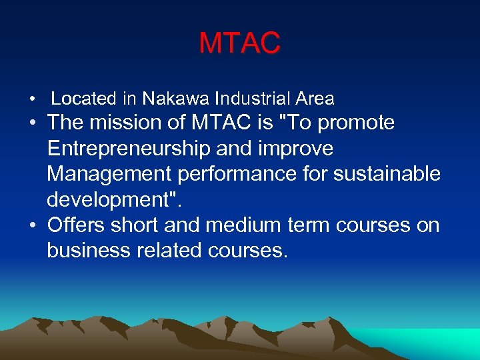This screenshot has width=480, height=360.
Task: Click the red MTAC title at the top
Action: [x=240, y=44]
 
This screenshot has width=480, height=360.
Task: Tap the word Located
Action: [x=84, y=99]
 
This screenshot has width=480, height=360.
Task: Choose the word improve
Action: [x=298, y=149]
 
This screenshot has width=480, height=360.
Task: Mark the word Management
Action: [x=110, y=175]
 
